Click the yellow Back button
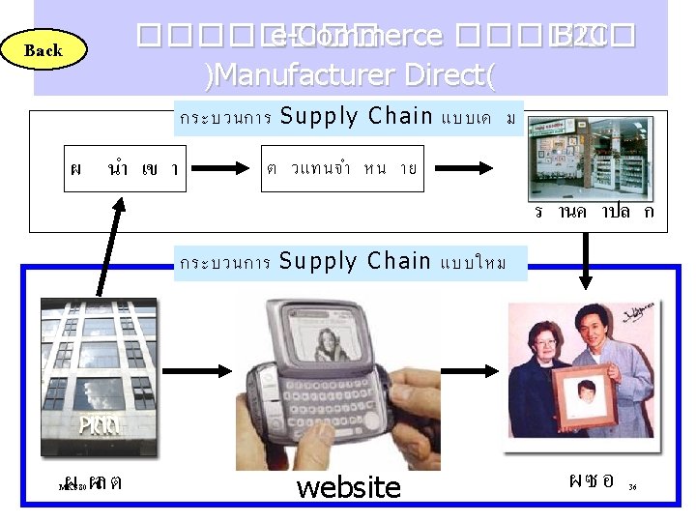pyautogui.click(x=43, y=50)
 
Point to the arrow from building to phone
pyautogui.click(x=197, y=372)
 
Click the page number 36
pyautogui.click(x=632, y=488)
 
